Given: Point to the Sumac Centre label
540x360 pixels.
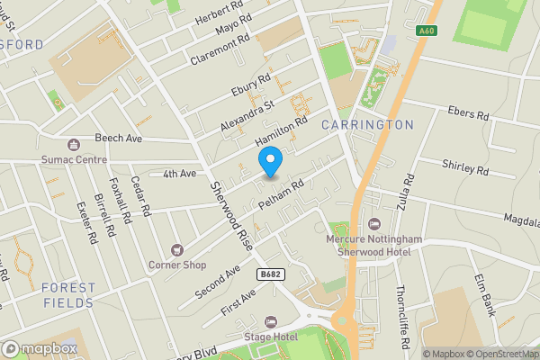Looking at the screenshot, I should coord(74,158).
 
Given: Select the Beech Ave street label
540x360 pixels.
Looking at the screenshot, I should coord(119,139).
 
